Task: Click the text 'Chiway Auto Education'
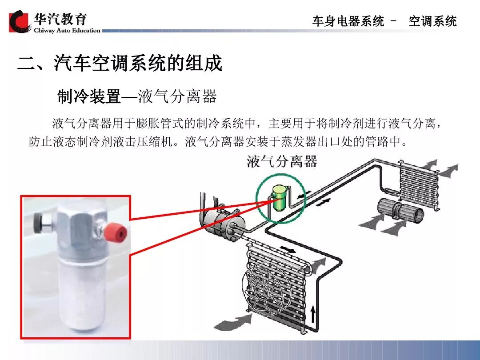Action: [x=67, y=30]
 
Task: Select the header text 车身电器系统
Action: [x=348, y=21]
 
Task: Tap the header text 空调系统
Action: [x=432, y=21]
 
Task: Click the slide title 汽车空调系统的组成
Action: [x=138, y=64]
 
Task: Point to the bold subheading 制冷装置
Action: [x=89, y=96]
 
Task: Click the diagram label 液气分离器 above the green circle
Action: [x=282, y=161]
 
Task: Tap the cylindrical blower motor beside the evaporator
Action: [x=400, y=211]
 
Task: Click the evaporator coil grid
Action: [x=419, y=185]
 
